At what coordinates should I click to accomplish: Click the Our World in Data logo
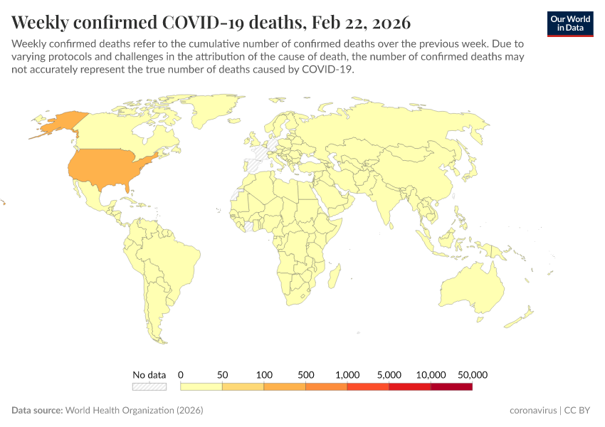point(569,23)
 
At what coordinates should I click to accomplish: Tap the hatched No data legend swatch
point(149,386)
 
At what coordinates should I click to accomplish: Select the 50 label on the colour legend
point(222,374)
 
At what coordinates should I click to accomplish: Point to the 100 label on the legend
point(264,374)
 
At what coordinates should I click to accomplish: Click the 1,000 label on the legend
point(347,374)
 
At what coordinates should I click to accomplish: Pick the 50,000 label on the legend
point(472,374)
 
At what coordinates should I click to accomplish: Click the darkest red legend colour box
point(451,386)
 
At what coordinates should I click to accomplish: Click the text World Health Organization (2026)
point(135,411)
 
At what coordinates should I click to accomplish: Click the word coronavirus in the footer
point(533,411)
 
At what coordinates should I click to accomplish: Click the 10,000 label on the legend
point(431,374)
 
